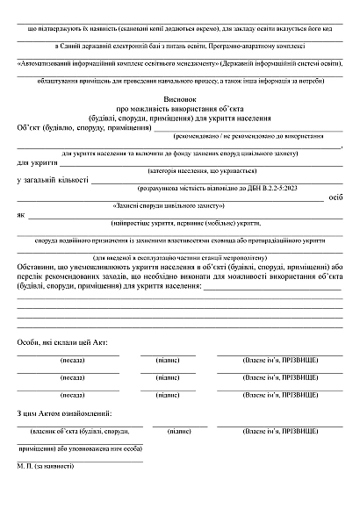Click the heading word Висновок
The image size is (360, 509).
pos(179,101)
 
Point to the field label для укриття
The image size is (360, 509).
pos(37,163)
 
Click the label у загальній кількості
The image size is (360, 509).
pos(53,181)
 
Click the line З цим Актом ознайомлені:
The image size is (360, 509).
pos(64,412)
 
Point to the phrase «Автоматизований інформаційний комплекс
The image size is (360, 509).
pos(92,65)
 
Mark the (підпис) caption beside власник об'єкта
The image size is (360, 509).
pos(173,432)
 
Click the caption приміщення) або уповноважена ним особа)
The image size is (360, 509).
pos(79,447)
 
